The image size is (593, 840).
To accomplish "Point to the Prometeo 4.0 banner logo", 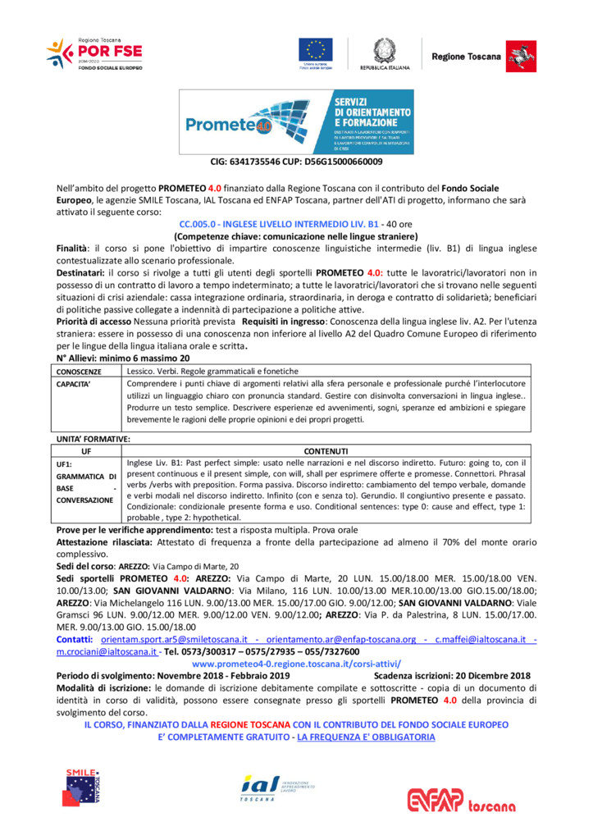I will tap(296, 121).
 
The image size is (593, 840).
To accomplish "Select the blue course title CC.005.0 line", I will tap(296, 224).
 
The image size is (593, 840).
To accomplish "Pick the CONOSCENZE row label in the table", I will tap(80, 372).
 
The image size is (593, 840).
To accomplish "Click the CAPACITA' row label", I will tap(75, 383).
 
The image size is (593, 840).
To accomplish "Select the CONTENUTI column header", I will tap(326, 450).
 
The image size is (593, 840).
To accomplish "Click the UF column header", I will tap(86, 450).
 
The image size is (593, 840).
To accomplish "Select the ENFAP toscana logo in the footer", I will tap(470, 800).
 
